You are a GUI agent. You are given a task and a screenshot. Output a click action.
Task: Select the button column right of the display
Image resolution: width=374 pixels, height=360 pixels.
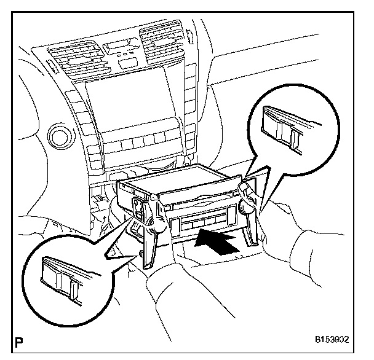[178, 104]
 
